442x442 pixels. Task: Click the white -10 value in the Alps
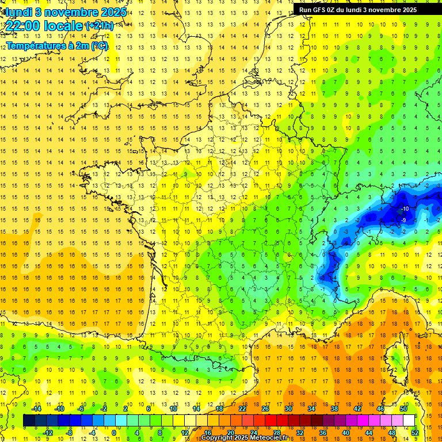click(x=405, y=208)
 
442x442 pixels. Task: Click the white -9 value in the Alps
click(x=404, y=220)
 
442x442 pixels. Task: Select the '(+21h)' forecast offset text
click(x=99, y=26)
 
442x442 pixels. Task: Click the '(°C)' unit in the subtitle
click(x=100, y=46)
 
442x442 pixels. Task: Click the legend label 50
click(x=403, y=409)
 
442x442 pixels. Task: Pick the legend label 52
click(x=415, y=433)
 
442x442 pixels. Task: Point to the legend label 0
click(x=114, y=433)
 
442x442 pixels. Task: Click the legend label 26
click(x=265, y=409)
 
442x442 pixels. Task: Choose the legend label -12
click(x=48, y=433)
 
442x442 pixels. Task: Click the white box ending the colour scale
click(x=409, y=421)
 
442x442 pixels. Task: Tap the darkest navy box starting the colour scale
click(x=29, y=421)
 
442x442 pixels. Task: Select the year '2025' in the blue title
click(x=113, y=12)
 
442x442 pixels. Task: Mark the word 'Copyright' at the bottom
click(x=217, y=438)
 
